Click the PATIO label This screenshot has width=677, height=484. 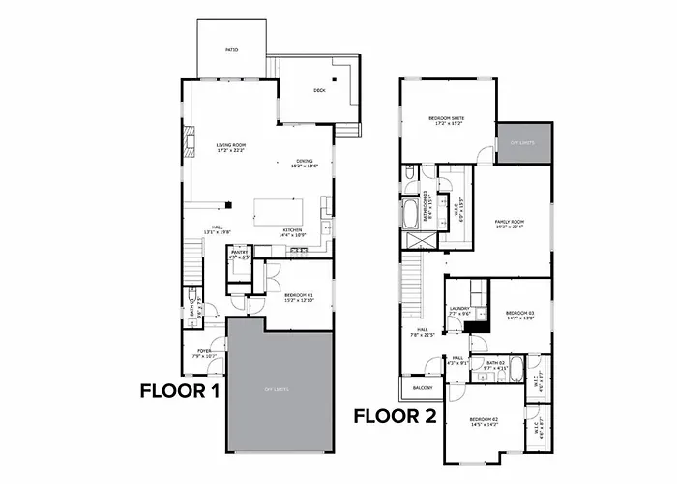(x=232, y=49)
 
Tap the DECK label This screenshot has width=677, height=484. (x=319, y=91)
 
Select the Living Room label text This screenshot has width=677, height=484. (x=231, y=147)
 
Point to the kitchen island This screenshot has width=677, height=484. (x=278, y=211)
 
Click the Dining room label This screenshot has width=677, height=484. (x=306, y=164)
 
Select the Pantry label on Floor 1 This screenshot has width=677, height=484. (x=240, y=256)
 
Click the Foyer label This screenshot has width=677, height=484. (x=204, y=353)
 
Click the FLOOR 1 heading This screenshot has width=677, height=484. (x=180, y=391)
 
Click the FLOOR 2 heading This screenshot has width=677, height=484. (x=393, y=417)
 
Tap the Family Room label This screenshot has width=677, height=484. (x=509, y=224)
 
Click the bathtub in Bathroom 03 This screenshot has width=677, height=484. (x=408, y=212)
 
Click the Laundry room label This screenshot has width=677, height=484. (x=458, y=311)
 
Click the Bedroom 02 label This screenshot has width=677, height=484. (x=483, y=421)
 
